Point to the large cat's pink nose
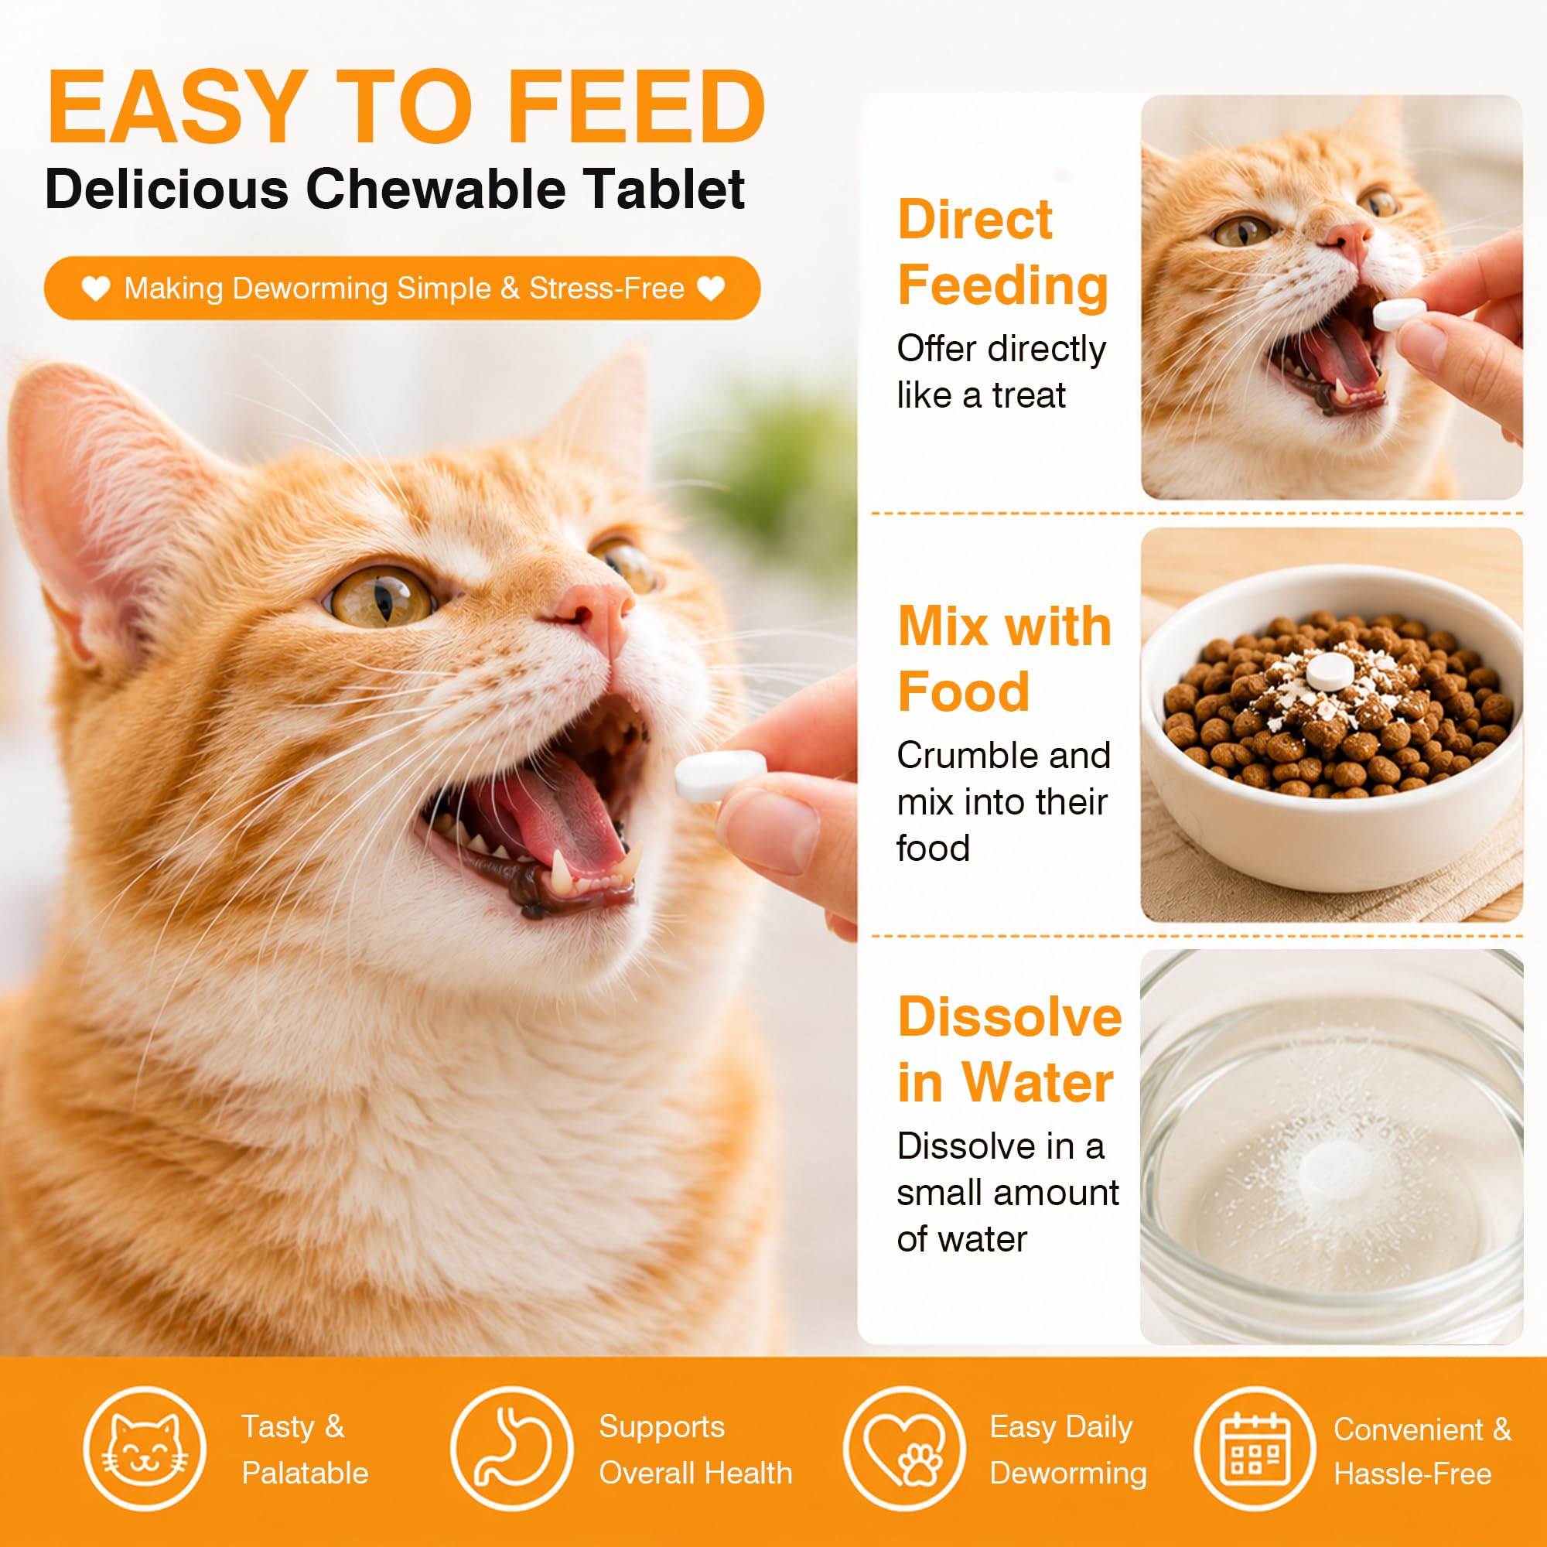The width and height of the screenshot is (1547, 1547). click(x=596, y=608)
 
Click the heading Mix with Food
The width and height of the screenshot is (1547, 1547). click(x=1004, y=657)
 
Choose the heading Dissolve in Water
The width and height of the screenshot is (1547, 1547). click(x=1009, y=1049)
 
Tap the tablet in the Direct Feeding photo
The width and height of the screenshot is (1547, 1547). click(x=1398, y=315)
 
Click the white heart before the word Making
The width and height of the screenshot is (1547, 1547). click(x=95, y=289)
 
